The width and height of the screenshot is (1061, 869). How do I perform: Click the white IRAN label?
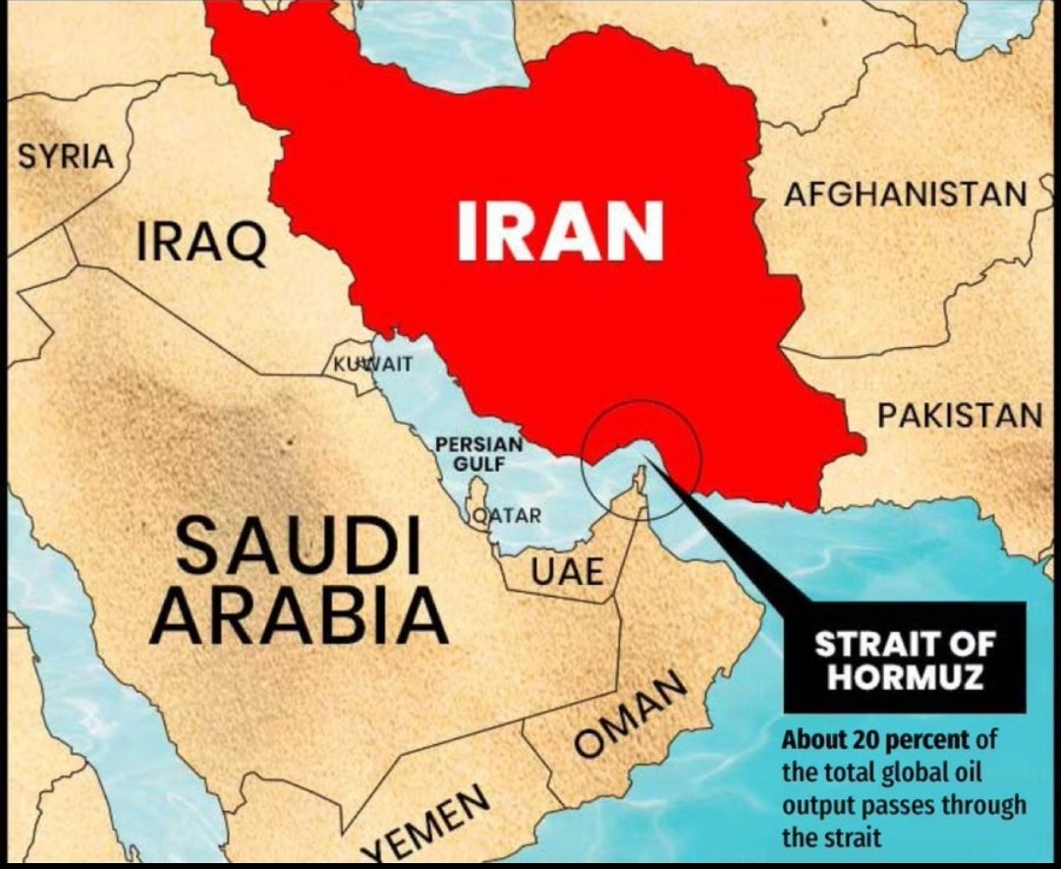[560, 231]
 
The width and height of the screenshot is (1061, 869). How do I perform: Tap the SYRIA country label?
[66, 156]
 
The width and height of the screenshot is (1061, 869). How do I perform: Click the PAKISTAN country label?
[959, 415]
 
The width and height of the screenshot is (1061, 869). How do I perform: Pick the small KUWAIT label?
[364, 365]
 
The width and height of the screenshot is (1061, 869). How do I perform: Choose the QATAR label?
[506, 515]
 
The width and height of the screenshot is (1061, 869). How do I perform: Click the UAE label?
[568, 571]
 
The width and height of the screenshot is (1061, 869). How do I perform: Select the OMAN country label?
[629, 715]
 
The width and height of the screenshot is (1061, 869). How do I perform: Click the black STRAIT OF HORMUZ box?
[904, 657]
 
